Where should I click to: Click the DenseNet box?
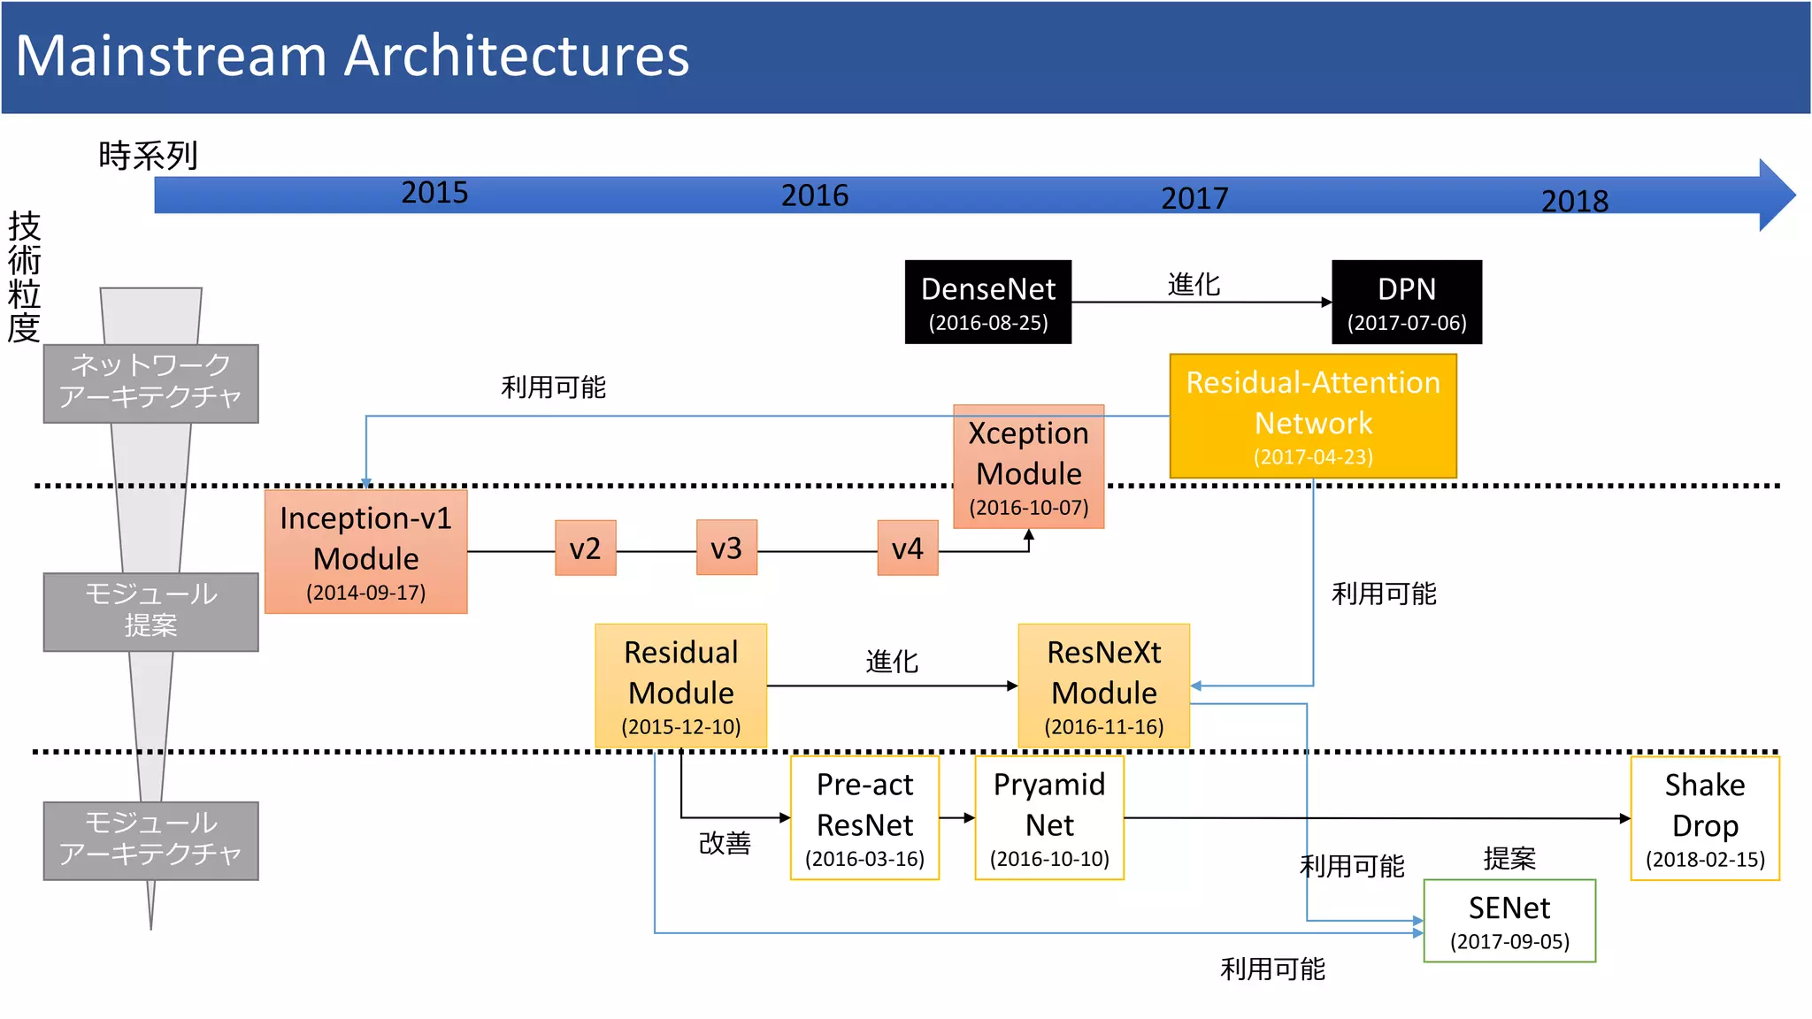coord(987,302)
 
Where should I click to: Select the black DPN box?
coord(1406,302)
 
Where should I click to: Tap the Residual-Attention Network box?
coord(1312,416)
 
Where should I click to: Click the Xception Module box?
coord(1028,466)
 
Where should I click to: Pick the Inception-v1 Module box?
coord(365,551)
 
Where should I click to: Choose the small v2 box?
coord(585,548)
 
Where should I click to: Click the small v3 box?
coord(726,548)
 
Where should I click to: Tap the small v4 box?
coord(907,548)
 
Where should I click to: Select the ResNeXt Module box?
coord(1103,686)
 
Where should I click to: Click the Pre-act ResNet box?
coord(864,818)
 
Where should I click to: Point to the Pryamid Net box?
coord(1049,818)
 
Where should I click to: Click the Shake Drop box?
coord(1704,818)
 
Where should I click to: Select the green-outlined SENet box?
coord(1509,921)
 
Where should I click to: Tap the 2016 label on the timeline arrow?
coord(814,195)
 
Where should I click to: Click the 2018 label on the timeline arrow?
coord(1574,201)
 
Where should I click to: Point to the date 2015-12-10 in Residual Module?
coord(680,727)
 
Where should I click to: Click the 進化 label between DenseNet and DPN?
coord(1194,284)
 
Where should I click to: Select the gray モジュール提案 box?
coord(150,611)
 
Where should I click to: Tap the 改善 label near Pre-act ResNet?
coord(725,843)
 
